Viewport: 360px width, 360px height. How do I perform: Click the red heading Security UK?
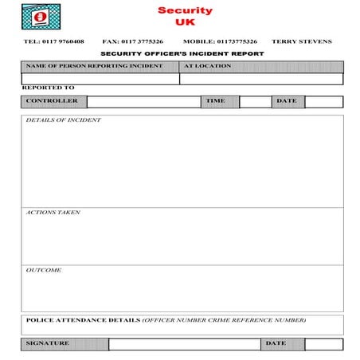(185, 16)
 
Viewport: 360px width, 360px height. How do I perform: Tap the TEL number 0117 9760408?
(53, 41)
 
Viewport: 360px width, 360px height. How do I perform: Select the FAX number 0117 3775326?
(133, 41)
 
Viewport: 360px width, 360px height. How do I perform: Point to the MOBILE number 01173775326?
(220, 41)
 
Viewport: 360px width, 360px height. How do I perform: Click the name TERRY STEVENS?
(302, 41)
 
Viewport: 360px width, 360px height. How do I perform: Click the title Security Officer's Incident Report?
(182, 54)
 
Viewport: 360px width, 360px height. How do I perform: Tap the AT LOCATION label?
(208, 66)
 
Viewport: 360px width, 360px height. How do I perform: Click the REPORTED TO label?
(49, 88)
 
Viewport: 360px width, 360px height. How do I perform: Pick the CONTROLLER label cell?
(53, 101)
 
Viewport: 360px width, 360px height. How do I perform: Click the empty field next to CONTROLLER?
(143, 102)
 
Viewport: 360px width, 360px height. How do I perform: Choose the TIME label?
(216, 101)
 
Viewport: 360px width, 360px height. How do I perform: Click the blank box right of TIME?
(255, 102)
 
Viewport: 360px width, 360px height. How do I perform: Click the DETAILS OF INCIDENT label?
(64, 120)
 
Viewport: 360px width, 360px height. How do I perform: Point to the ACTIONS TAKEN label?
(53, 213)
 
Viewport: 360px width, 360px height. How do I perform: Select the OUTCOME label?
(44, 270)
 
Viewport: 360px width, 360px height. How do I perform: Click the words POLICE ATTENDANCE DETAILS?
(83, 320)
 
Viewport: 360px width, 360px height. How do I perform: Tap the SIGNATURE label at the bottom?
(48, 343)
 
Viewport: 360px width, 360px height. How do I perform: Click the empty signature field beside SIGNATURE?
(184, 344)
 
